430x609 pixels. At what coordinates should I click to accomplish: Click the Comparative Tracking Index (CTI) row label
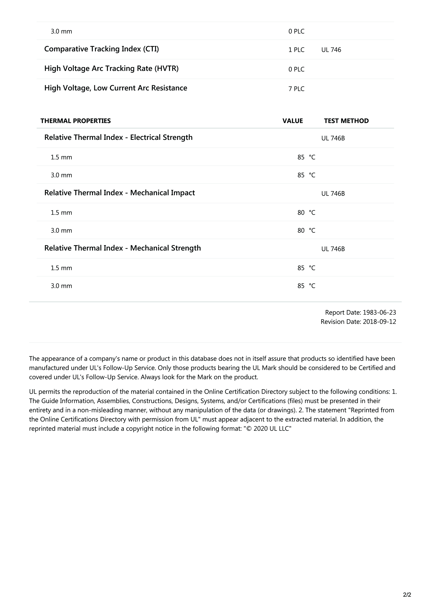coord(101,49)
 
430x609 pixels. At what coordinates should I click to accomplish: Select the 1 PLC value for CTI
coord(296,50)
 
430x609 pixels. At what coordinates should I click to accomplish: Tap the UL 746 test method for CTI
coord(331,50)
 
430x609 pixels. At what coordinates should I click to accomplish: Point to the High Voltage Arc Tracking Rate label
coord(111,68)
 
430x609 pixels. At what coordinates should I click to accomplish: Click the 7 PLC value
coord(296,89)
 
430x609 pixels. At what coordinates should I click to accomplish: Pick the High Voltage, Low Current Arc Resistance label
coord(116,88)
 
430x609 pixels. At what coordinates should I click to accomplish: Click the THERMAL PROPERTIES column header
coord(76,121)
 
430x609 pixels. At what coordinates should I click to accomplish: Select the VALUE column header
coord(293,121)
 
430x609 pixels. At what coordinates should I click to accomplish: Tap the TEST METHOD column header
coord(346,121)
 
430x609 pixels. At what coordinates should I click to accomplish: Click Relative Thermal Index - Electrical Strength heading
coord(118,137)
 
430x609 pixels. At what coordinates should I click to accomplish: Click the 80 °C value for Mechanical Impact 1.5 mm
coord(306,213)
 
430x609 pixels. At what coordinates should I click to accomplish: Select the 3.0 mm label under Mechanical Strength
coord(61,286)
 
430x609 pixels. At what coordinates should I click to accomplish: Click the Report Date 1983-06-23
coord(360,312)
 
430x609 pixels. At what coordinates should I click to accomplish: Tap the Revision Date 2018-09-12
coord(358,322)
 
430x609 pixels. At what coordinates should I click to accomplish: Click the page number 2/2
coord(407,595)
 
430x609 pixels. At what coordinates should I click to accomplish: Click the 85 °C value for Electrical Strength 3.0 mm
coord(306,175)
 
